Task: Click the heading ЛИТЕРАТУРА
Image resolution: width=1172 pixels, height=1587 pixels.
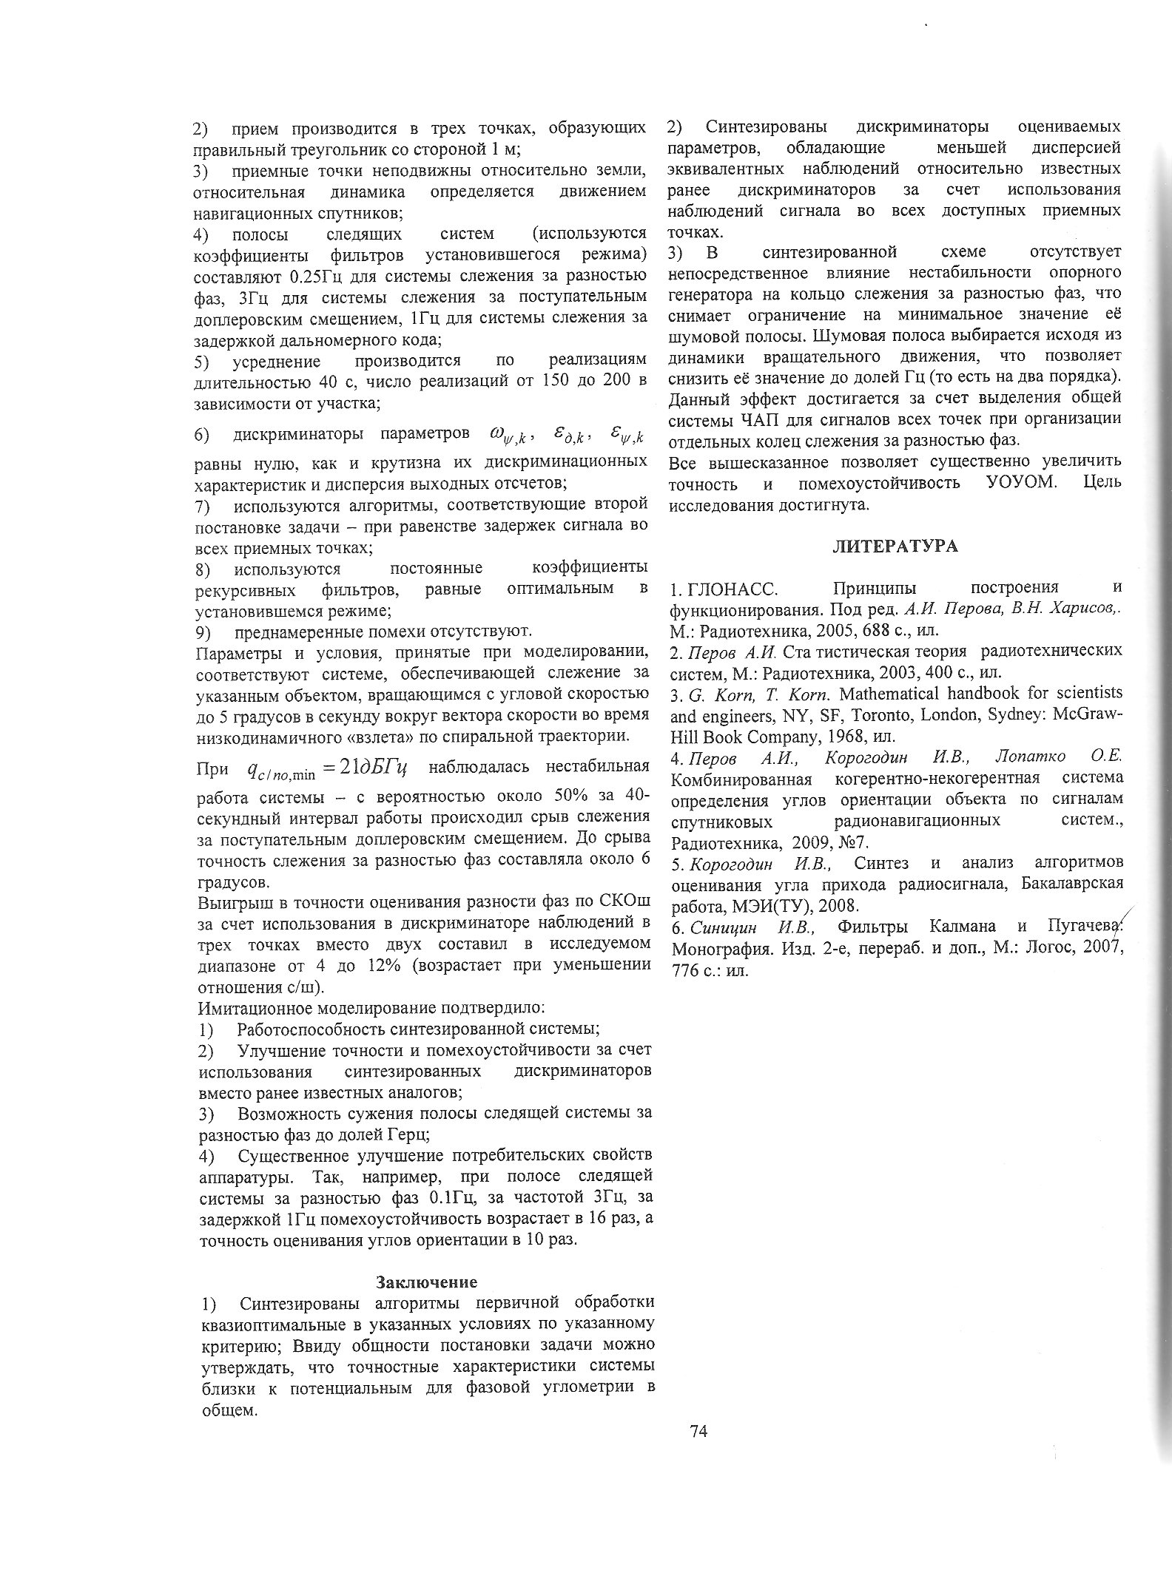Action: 895,547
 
